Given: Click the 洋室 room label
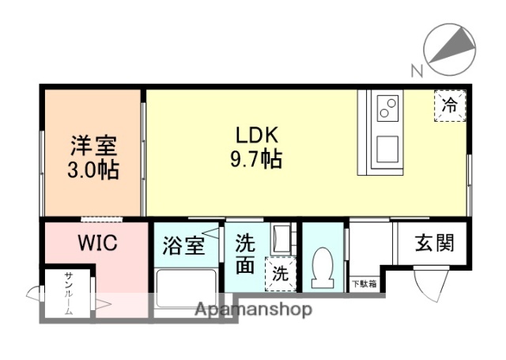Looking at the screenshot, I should coord(94,146).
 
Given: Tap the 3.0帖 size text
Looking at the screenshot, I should coord(94,169).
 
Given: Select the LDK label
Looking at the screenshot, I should coord(255,135).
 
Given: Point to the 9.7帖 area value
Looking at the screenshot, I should coord(255,160).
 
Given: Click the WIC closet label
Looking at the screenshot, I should coord(97,243).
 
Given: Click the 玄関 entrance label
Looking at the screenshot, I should coord(435,242).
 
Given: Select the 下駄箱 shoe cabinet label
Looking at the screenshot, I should coord(364,282).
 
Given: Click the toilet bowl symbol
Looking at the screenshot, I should coord(323,267).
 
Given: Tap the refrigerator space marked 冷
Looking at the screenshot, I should coord(448,105).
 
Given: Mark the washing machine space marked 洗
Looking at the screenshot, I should coord(280,275).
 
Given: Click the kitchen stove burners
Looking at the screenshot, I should coord(387,108).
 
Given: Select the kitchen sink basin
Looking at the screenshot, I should coord(387,148).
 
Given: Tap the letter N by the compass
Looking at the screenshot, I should coord(416,72).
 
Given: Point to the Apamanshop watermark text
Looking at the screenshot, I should coord(253,309).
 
